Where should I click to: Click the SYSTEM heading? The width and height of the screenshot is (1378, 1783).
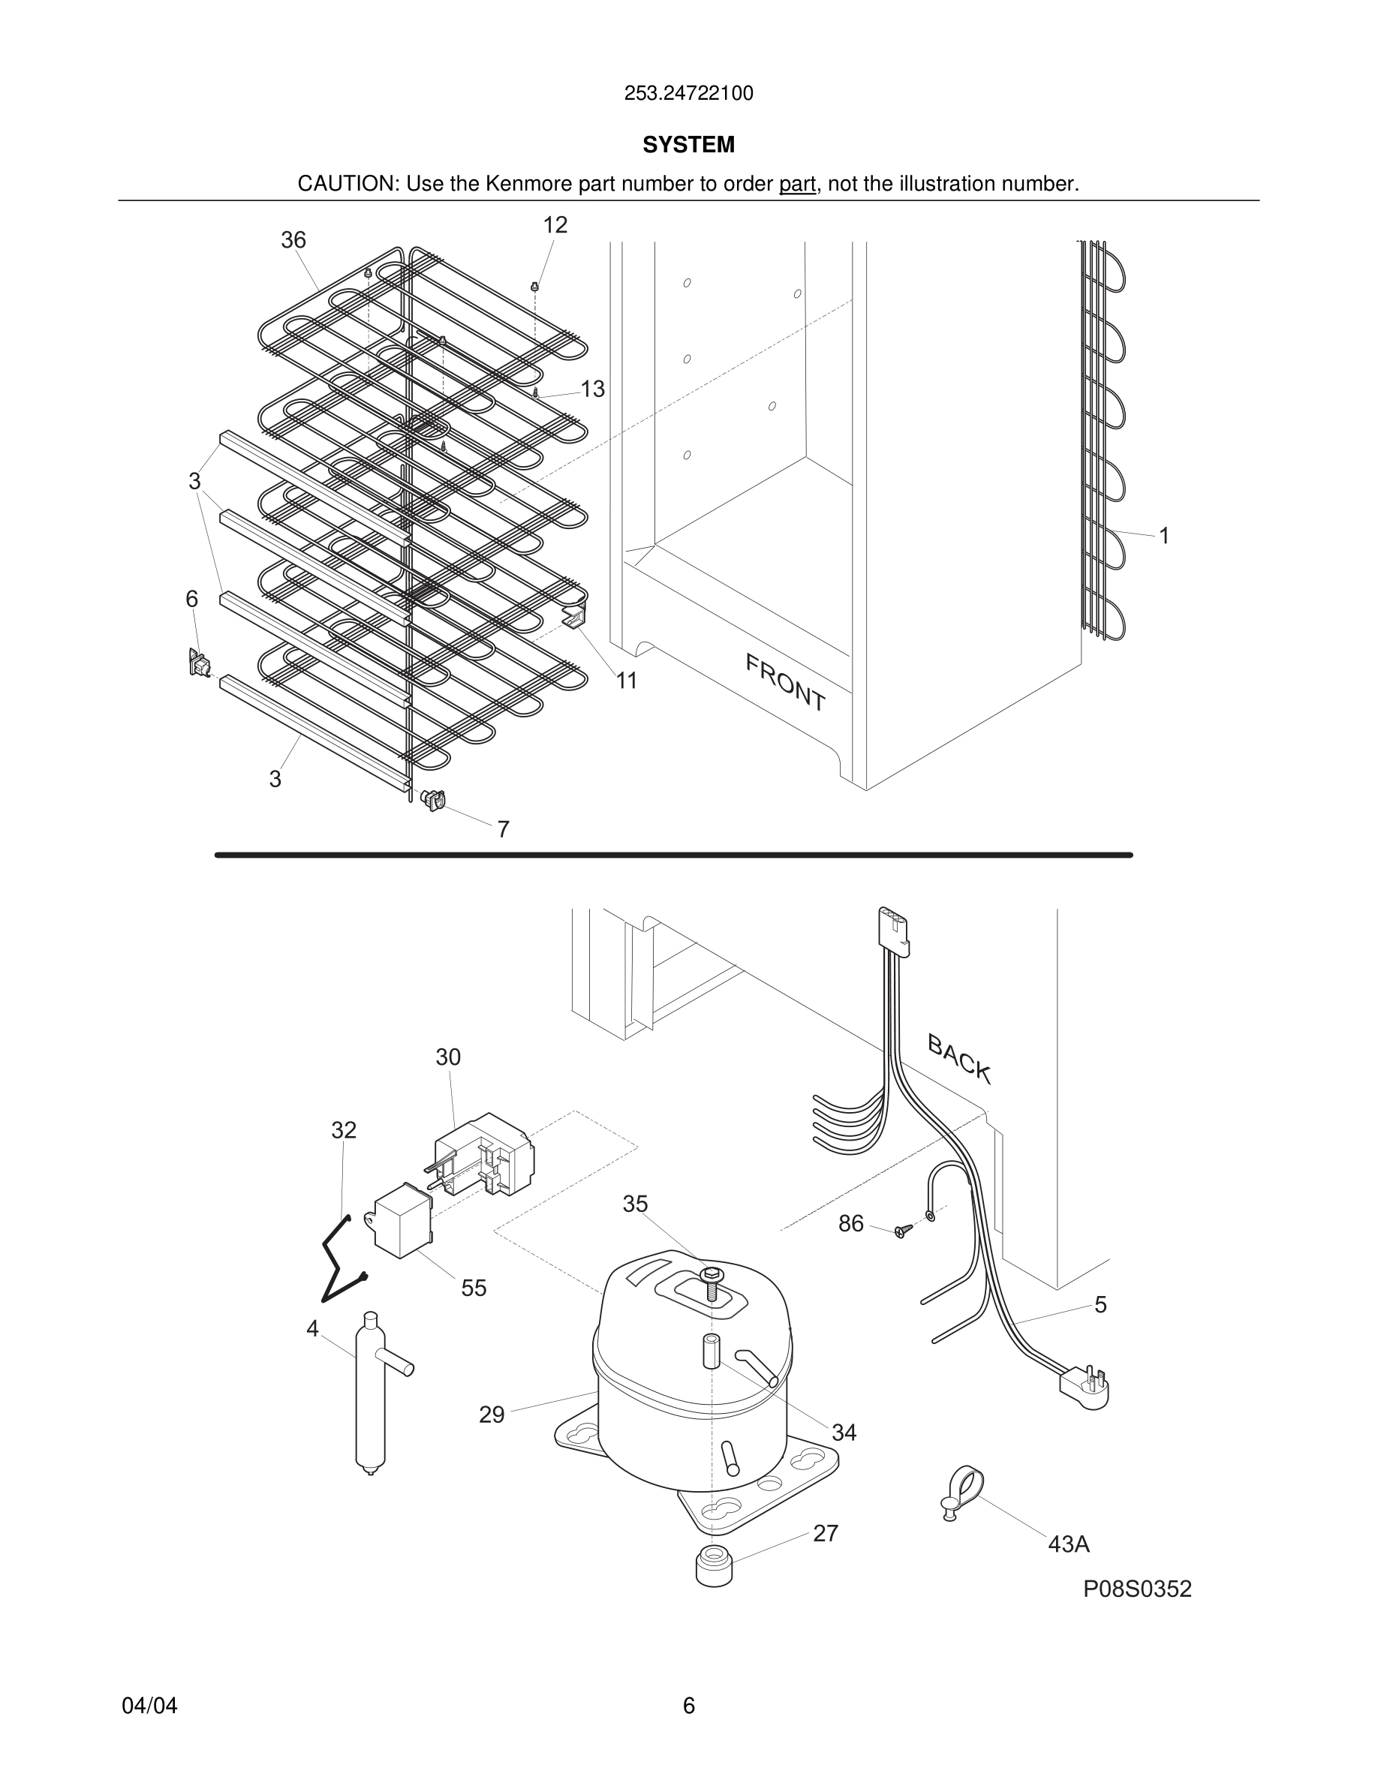[688, 145]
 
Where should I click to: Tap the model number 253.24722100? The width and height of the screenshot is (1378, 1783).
[688, 94]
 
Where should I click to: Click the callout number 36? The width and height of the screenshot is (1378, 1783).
[293, 240]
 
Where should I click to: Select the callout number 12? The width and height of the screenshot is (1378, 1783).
[555, 225]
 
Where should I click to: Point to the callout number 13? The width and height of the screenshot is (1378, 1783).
[593, 389]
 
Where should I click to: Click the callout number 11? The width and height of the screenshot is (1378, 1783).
[626, 680]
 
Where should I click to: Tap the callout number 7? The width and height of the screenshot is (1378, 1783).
[504, 829]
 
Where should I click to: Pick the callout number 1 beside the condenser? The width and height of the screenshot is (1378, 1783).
[1164, 536]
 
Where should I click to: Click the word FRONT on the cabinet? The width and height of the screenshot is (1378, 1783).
[785, 682]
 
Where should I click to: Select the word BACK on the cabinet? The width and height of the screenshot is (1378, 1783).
[959, 1059]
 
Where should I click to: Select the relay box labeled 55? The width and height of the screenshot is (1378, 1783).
[402, 1222]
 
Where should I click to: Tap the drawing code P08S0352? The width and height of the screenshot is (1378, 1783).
[1137, 1589]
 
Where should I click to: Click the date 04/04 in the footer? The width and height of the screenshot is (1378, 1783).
[149, 1706]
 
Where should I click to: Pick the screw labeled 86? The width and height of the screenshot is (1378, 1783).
[901, 1231]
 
